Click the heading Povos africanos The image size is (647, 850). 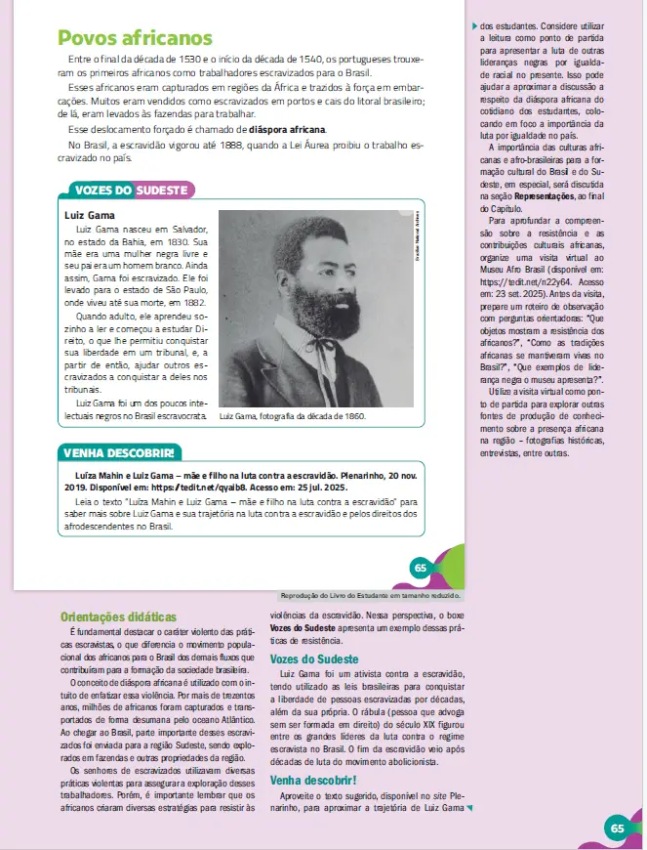[135, 39]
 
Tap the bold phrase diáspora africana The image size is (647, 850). [287, 129]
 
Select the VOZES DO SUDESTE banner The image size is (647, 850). [131, 190]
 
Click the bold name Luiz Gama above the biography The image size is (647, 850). [90, 215]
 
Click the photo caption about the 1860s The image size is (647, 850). [293, 416]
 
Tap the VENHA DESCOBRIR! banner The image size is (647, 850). [119, 453]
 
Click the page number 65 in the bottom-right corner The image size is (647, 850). [617, 828]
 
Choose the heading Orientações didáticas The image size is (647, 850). [118, 617]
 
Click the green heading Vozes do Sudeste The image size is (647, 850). [314, 659]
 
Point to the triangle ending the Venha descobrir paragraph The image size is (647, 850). [469, 809]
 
